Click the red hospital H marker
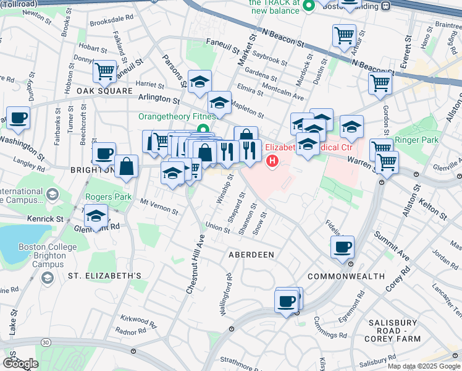[272, 161]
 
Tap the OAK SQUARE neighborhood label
[105, 91]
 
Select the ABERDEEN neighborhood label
[251, 255]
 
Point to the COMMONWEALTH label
[345, 276]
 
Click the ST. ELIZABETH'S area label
[105, 275]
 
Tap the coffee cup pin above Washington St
[18, 117]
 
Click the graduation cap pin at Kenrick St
[96, 216]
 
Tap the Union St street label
[217, 228]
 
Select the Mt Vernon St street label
[159, 207]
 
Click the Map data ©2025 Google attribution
[423, 366]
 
